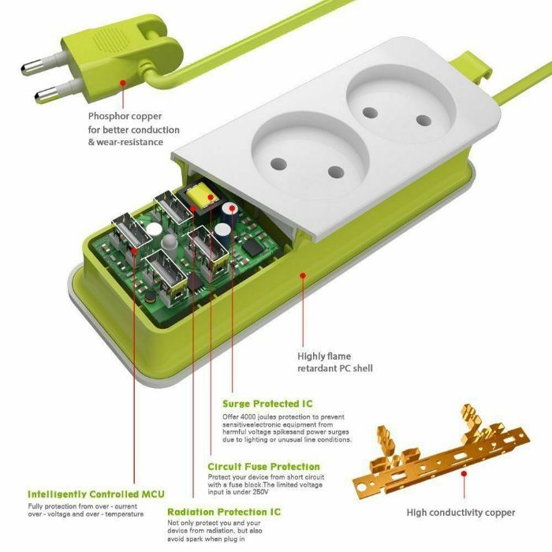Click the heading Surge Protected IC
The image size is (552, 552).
point(267,404)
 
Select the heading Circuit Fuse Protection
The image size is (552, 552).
point(264,466)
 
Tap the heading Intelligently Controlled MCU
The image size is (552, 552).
point(95,494)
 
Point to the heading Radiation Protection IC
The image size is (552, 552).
point(223,512)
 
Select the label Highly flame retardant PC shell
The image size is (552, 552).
point(334,362)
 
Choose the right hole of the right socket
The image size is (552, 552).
point(423,121)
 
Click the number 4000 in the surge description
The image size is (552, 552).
point(261,416)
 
